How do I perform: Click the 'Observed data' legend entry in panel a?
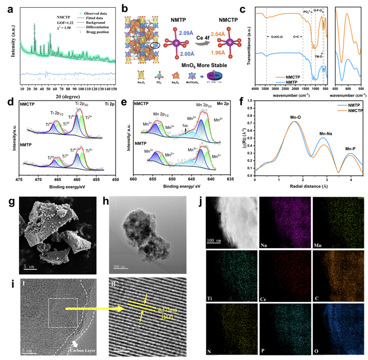pyautogui.click(x=95, y=13)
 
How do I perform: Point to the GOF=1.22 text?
pyautogui.click(x=65, y=23)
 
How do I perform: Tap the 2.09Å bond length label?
pyautogui.click(x=186, y=33)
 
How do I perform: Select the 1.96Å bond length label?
pyautogui.click(x=218, y=53)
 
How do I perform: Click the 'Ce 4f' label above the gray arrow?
pyautogui.click(x=203, y=38)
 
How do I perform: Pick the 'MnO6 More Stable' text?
pyautogui.click(x=204, y=65)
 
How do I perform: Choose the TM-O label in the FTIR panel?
pyautogui.click(x=319, y=56)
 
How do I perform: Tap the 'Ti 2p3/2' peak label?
pyautogui.click(x=81, y=104)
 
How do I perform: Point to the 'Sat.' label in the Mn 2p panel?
pyautogui.click(x=185, y=125)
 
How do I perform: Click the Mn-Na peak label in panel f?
pyautogui.click(x=325, y=134)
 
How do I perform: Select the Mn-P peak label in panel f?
pyautogui.click(x=350, y=149)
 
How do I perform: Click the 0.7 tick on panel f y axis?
pyautogui.click(x=250, y=123)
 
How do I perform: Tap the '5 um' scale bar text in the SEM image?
pyautogui.click(x=29, y=267)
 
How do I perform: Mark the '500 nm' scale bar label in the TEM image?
pyautogui.click(x=119, y=267)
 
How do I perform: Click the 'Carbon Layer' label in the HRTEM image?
pyautogui.click(x=83, y=350)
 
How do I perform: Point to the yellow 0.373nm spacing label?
pyautogui.click(x=167, y=310)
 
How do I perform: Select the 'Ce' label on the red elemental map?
pyautogui.click(x=263, y=299)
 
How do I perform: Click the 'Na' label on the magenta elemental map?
pyautogui.click(x=264, y=245)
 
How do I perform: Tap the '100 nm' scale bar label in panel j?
pyautogui.click(x=214, y=240)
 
